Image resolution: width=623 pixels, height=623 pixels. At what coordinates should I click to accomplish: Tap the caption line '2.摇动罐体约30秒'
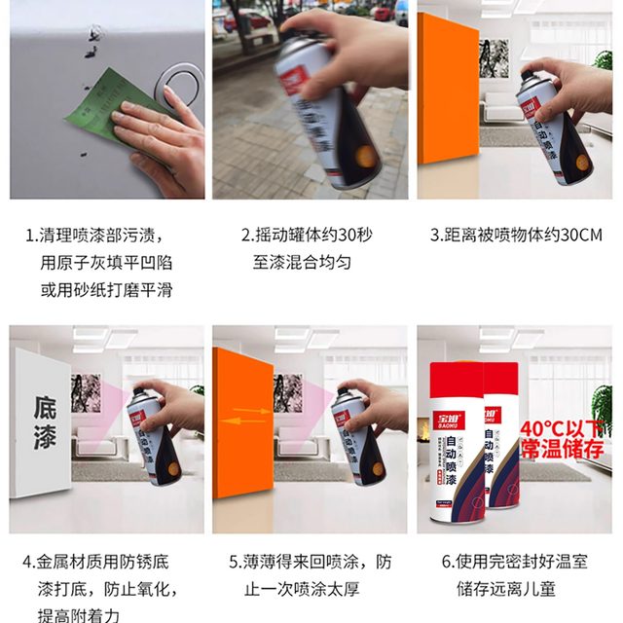(307, 235)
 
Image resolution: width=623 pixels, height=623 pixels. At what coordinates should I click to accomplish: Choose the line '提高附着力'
(78, 614)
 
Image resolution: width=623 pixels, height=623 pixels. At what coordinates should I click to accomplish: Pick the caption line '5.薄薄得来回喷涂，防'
(310, 562)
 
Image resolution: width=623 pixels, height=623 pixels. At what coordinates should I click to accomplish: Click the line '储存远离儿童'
(515, 589)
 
